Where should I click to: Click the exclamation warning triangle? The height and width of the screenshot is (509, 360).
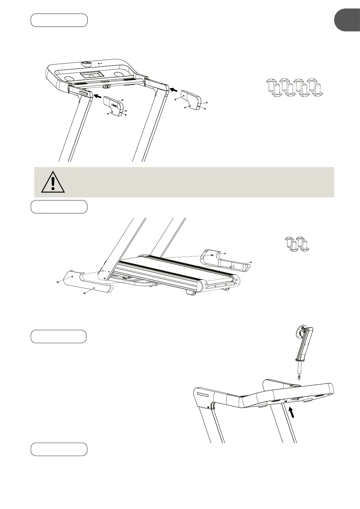pyautogui.click(x=53, y=182)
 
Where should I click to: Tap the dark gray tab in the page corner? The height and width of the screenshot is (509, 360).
pyautogui.click(x=347, y=20)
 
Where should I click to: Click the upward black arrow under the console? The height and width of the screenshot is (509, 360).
pyautogui.click(x=292, y=412)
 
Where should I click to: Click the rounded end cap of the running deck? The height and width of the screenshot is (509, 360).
pyautogui.click(x=202, y=286)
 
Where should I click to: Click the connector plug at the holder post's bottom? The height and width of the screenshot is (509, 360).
pyautogui.click(x=299, y=378)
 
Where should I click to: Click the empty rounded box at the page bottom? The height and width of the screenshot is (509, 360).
pyautogui.click(x=59, y=449)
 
